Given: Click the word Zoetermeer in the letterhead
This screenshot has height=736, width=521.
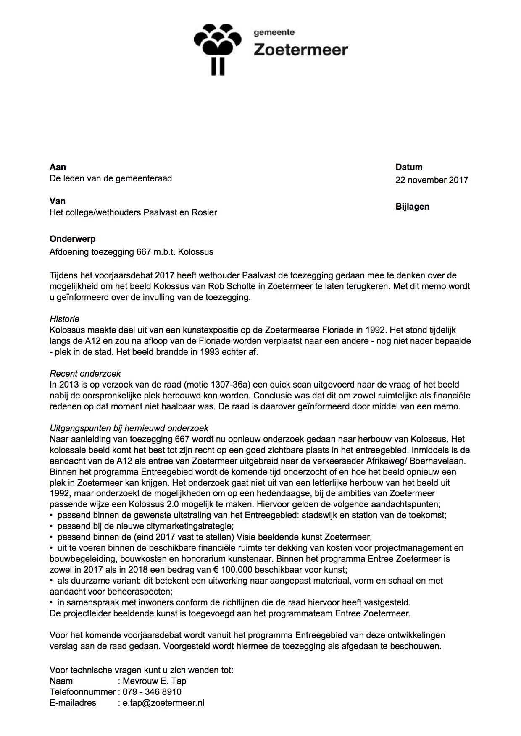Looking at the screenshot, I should point(301,50).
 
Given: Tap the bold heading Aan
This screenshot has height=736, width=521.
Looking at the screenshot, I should point(58,167).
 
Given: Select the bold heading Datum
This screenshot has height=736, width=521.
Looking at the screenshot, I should point(409,167).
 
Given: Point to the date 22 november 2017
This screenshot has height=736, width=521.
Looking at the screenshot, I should point(432,180).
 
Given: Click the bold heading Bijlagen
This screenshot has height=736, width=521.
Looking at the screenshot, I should point(412,207).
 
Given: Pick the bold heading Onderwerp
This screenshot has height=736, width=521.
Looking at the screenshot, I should point(73,239).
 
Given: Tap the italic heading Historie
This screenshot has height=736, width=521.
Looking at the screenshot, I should point(64,319).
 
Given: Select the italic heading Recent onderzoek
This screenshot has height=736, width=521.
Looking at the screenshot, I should point(85,374).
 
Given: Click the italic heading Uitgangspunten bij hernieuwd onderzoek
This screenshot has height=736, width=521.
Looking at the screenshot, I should point(129,428).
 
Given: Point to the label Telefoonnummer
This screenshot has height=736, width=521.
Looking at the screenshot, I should point(82,692).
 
